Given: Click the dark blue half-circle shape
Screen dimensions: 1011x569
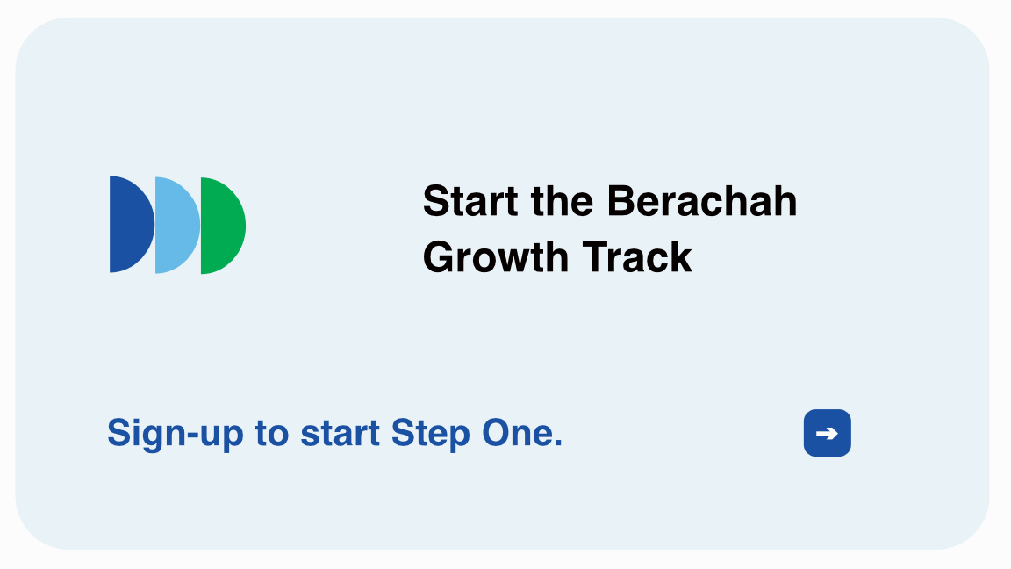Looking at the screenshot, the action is click(131, 224).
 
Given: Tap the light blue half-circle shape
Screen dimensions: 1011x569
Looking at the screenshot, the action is click(176, 225).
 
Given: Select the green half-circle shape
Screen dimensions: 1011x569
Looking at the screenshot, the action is click(222, 226).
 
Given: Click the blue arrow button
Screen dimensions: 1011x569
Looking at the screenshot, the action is click(828, 433).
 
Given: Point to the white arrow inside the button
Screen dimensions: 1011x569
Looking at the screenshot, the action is click(828, 433).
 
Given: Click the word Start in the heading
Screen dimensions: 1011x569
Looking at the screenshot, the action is click(470, 201).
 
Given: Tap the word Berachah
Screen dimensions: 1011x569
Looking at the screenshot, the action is click(702, 201).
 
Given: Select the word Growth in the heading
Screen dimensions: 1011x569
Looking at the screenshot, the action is click(496, 257).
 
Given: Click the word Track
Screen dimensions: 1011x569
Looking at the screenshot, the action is click(637, 257).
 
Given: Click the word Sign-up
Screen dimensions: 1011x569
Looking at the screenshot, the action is click(176, 434).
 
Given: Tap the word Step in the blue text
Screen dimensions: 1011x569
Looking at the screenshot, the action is click(430, 434).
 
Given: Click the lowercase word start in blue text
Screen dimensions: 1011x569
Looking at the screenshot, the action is click(340, 433).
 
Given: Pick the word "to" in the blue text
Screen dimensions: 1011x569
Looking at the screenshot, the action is click(272, 434).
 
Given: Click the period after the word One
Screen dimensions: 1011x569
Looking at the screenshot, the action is click(558, 443).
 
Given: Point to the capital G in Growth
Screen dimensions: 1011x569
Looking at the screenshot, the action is click(440, 257).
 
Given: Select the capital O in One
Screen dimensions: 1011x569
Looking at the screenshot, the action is click(498, 432).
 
